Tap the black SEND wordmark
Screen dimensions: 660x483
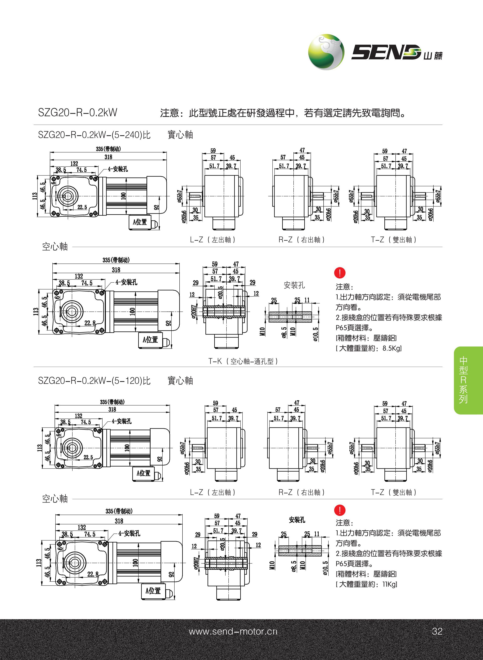tap(386, 52)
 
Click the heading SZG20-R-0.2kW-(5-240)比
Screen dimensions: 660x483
tap(94, 135)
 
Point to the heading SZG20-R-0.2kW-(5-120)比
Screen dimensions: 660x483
tap(94, 381)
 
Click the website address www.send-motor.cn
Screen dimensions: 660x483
tap(233, 631)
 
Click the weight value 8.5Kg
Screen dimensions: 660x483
tap(392, 348)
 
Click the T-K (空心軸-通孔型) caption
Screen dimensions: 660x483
tap(243, 362)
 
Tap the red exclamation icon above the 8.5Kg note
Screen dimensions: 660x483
tap(340, 273)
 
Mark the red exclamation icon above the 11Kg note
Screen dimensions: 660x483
tap(340, 510)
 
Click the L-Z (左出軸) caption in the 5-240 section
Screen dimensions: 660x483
tap(213, 240)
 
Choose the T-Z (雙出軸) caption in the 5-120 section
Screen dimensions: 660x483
tap(394, 492)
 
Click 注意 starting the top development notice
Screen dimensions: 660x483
tap(170, 113)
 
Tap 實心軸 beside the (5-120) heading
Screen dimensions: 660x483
tap(180, 381)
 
